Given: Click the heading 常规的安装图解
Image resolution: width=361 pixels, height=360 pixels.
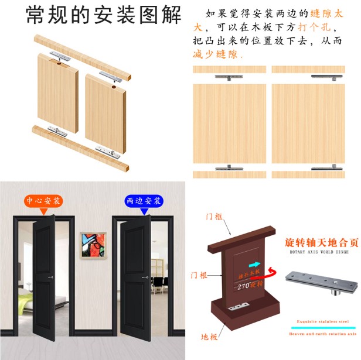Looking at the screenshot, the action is point(104,16).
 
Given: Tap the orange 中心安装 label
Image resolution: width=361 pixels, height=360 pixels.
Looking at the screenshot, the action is point(43,201).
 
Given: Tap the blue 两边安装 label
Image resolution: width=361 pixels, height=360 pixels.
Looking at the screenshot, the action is point(142,201).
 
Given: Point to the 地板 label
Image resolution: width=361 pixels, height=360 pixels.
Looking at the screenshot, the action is point(209,337).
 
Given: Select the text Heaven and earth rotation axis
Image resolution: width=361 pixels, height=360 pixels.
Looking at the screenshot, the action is point(323,334).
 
